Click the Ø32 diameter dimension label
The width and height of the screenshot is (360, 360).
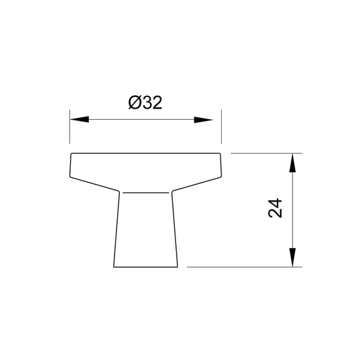click(145, 102)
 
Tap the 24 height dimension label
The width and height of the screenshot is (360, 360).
click(275, 208)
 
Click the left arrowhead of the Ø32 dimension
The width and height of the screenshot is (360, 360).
click(79, 119)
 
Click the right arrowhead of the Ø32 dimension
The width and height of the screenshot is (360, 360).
click(204, 120)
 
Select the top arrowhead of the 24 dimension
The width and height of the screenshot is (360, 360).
click(293, 163)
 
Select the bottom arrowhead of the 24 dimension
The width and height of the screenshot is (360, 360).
click(293, 257)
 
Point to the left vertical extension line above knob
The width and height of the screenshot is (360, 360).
click(70, 127)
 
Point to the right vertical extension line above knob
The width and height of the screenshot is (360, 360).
click(221, 127)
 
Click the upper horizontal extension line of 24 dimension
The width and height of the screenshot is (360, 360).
click(266, 153)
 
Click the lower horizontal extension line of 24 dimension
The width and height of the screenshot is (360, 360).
click(244, 267)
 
